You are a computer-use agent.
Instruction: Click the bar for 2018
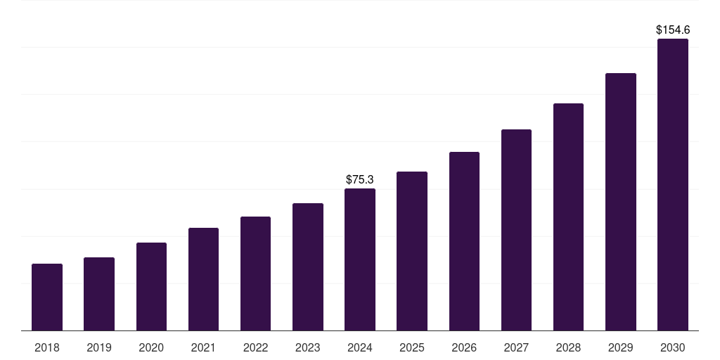click(x=47, y=297)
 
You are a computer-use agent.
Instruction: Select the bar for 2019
click(x=99, y=294)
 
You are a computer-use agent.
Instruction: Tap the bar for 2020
click(x=151, y=286)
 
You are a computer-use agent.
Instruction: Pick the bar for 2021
click(x=203, y=279)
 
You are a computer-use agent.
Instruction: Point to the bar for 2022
click(x=255, y=274)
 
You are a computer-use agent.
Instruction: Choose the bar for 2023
click(x=308, y=266)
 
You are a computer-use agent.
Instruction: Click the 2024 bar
click(x=360, y=259)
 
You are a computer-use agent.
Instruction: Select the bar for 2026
click(x=464, y=241)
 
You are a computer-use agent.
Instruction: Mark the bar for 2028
click(x=568, y=217)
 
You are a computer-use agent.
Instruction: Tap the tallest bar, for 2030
click(x=673, y=184)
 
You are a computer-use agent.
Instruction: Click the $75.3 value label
click(x=360, y=180)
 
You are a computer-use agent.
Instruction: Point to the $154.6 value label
click(x=673, y=30)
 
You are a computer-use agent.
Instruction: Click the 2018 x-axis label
click(x=47, y=347)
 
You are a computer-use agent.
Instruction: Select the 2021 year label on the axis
click(x=203, y=347)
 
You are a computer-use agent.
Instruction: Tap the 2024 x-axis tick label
click(x=360, y=347)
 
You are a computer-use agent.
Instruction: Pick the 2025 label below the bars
click(x=412, y=347)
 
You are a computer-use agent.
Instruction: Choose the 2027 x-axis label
click(x=516, y=347)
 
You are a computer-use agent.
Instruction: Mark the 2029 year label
click(x=620, y=347)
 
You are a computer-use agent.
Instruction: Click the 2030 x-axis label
click(x=673, y=347)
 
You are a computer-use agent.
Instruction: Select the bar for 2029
click(x=620, y=202)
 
